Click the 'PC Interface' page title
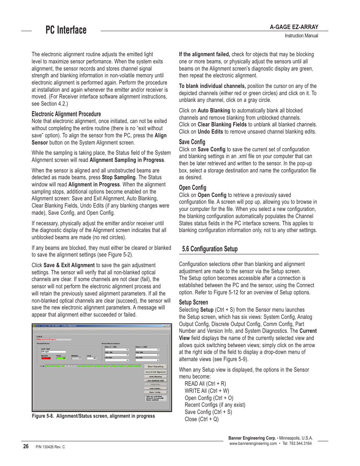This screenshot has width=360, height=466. (66, 30)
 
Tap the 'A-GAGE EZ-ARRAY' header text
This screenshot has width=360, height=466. (294, 27)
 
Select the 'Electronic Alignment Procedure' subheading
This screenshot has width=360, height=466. (66, 114)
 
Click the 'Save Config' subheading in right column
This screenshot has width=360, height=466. (192, 142)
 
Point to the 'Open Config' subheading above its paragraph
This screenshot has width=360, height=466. (192, 188)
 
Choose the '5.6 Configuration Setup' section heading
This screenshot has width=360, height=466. (210, 249)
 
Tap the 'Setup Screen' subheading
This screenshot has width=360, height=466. (193, 302)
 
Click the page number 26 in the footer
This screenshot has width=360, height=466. (26, 446)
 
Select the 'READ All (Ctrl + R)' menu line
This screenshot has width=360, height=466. (205, 384)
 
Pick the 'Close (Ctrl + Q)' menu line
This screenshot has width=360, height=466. (202, 419)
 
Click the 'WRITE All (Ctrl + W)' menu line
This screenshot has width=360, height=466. (207, 391)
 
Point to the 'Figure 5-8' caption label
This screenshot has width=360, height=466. (43, 416)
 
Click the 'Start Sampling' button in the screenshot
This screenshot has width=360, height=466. (155, 366)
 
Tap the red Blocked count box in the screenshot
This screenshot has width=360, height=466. (46, 358)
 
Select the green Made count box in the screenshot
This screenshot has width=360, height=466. (61, 358)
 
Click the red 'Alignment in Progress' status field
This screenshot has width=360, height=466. (53, 339)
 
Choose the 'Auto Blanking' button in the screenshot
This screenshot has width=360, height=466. (155, 376)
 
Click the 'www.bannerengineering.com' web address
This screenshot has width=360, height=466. (253, 444)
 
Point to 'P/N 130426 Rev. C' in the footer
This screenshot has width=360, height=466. (50, 447)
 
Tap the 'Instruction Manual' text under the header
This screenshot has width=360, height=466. (301, 36)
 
